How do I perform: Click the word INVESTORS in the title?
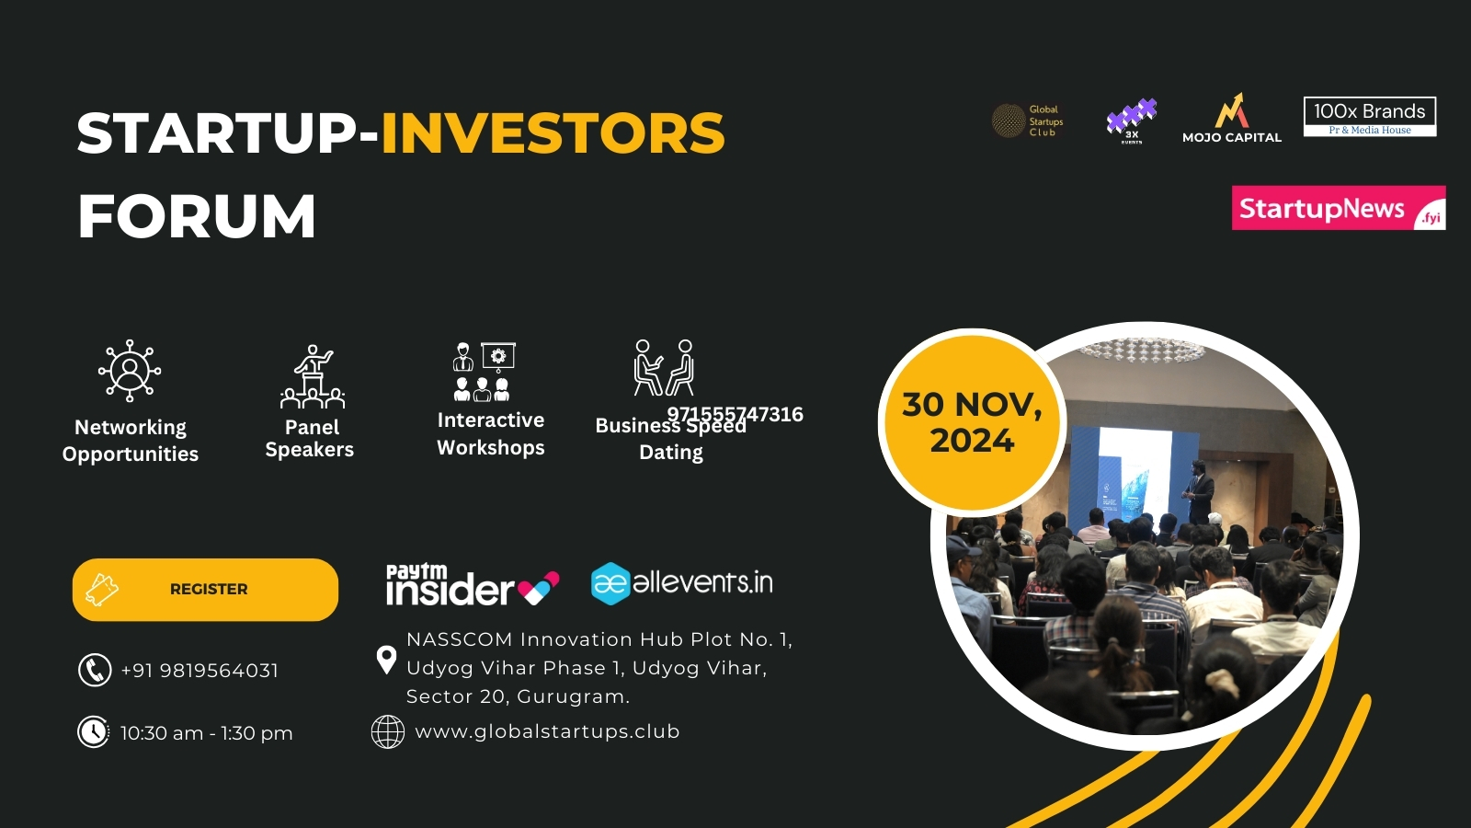coord(553,133)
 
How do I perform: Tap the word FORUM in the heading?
coord(197,217)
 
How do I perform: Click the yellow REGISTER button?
coord(205,589)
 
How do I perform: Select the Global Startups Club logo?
coord(1028,121)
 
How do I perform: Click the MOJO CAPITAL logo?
coord(1231,119)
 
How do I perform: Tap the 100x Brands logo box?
coord(1369,117)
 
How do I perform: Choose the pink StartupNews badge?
coord(1338,208)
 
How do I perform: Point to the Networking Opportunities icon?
coord(130,370)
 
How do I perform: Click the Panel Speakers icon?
coord(313,376)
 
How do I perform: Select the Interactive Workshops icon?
coord(484,371)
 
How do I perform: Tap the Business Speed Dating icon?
coord(664,367)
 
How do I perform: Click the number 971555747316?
coord(735,414)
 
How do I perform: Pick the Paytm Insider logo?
coord(472,585)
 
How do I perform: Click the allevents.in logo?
coord(681,583)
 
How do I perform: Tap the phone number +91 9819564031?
coord(200,671)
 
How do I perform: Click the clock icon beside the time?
coord(93,732)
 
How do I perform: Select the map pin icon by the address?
coord(386,659)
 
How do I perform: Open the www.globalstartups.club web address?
coord(547,731)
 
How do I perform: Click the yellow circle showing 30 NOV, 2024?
coord(972,422)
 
